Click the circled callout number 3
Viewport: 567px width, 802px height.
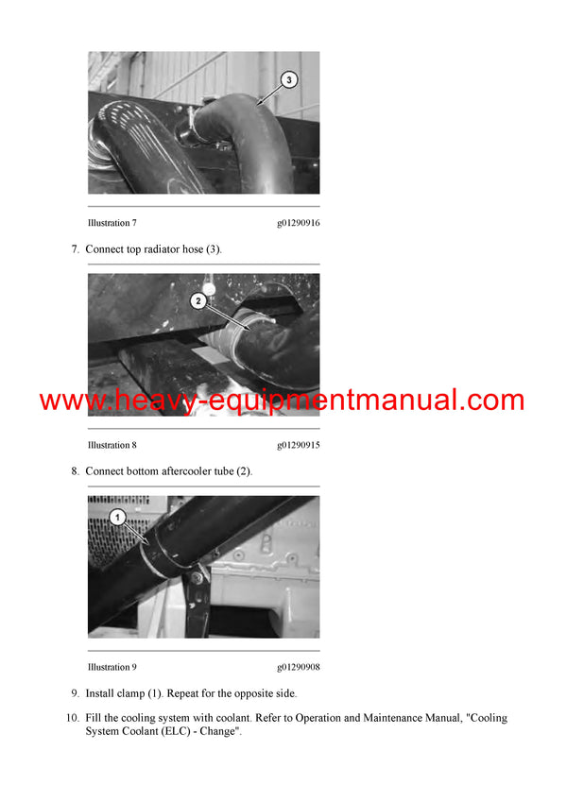coord(288,81)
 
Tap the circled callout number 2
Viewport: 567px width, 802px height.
coord(198,301)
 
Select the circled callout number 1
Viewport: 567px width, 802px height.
coord(117,517)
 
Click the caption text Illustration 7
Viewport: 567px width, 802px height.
coord(112,223)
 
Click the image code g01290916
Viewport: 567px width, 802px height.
coord(298,223)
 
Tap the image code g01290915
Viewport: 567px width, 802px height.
coord(298,445)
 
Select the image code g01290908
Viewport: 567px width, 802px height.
coord(298,667)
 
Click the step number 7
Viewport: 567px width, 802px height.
coord(75,248)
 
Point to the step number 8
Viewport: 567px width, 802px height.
coord(75,470)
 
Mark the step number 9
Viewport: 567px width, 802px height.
coord(75,692)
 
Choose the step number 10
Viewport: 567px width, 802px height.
coord(72,718)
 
